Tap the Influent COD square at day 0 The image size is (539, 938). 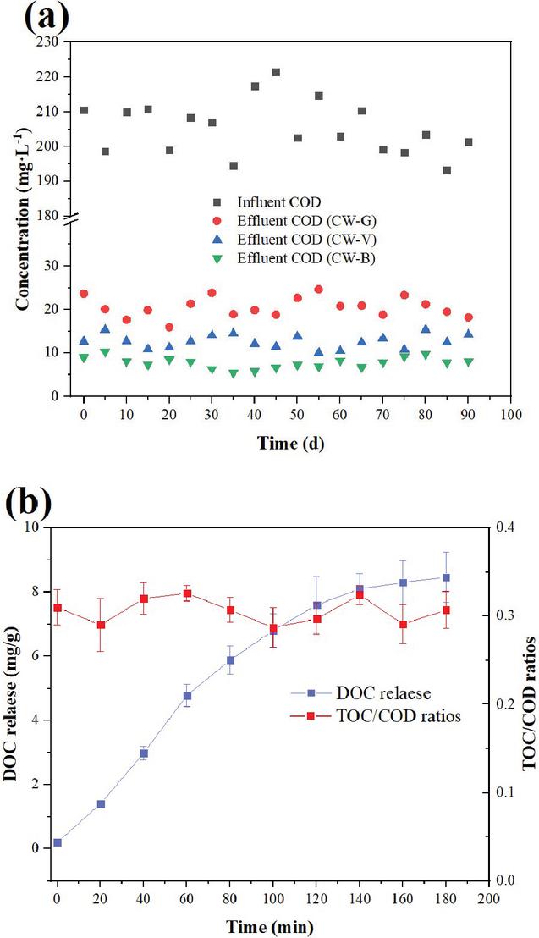click(84, 111)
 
